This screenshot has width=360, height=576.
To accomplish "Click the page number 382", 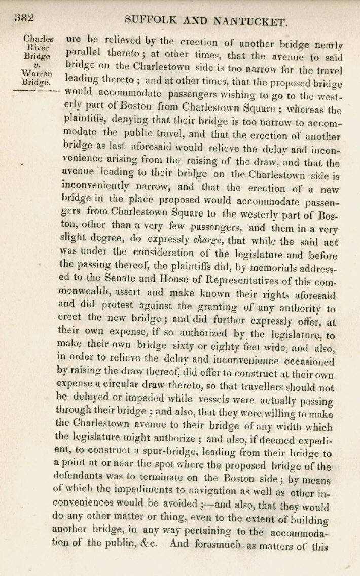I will coord(24,18).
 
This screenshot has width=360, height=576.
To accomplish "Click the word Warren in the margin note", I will coord(37,74).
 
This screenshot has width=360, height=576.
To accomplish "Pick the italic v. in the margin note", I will coord(37,64).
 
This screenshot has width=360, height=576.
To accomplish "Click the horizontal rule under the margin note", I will coord(35,89).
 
